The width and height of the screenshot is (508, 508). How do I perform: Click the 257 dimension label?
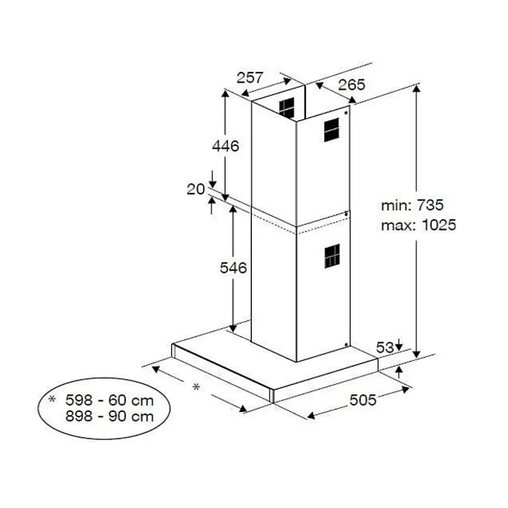[x=250, y=78]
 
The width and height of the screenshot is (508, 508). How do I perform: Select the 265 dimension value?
[x=351, y=85]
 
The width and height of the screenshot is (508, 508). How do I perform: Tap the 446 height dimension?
[x=225, y=146]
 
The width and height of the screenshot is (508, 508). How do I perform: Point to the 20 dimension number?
[x=195, y=189]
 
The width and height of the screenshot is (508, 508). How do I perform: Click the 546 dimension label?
[x=233, y=268]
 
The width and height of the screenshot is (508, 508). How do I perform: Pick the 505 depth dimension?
[x=363, y=400]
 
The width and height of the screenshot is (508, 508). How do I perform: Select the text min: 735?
[x=412, y=205]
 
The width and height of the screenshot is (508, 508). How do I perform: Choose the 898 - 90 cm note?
[x=109, y=416]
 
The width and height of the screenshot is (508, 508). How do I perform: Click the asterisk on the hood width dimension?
[x=196, y=387]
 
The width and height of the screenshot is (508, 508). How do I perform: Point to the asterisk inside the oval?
[x=52, y=400]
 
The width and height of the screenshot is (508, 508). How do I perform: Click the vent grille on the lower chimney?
[x=332, y=256]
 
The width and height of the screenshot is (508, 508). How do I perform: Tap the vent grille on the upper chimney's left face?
[x=286, y=108]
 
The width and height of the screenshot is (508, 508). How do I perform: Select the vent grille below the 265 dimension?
[x=332, y=130]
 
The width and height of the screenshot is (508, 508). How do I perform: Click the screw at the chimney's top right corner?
[x=347, y=111]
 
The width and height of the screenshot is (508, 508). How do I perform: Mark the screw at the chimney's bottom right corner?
[x=347, y=344]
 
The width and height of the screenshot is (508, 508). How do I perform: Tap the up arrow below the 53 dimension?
[x=399, y=372]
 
